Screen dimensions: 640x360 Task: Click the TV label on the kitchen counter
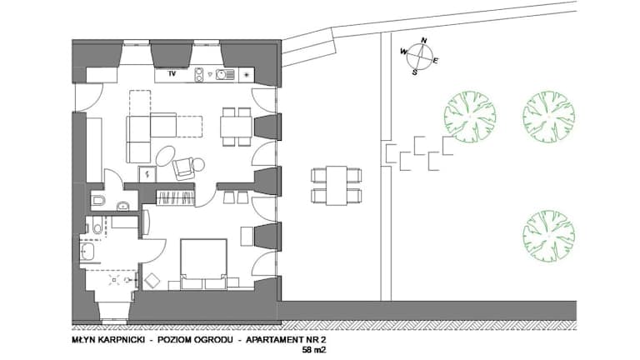172,74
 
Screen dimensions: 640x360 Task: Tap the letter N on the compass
424,40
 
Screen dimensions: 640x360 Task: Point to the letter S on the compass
415,72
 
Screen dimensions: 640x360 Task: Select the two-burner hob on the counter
199,74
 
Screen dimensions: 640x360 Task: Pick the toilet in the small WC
98,200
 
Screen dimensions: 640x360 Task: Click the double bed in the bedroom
203,263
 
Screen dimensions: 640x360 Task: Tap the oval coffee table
165,156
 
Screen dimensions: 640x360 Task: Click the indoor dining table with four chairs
236,127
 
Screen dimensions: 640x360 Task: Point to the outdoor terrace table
337,185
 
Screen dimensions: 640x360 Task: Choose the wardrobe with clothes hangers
177,198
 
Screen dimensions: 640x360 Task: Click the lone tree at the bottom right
548,236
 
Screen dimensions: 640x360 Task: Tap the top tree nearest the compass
470,117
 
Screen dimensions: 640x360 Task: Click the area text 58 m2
314,349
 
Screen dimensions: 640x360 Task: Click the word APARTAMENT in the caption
274,340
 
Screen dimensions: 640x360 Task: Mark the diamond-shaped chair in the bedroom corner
152,281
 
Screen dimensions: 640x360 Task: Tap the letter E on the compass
435,61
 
